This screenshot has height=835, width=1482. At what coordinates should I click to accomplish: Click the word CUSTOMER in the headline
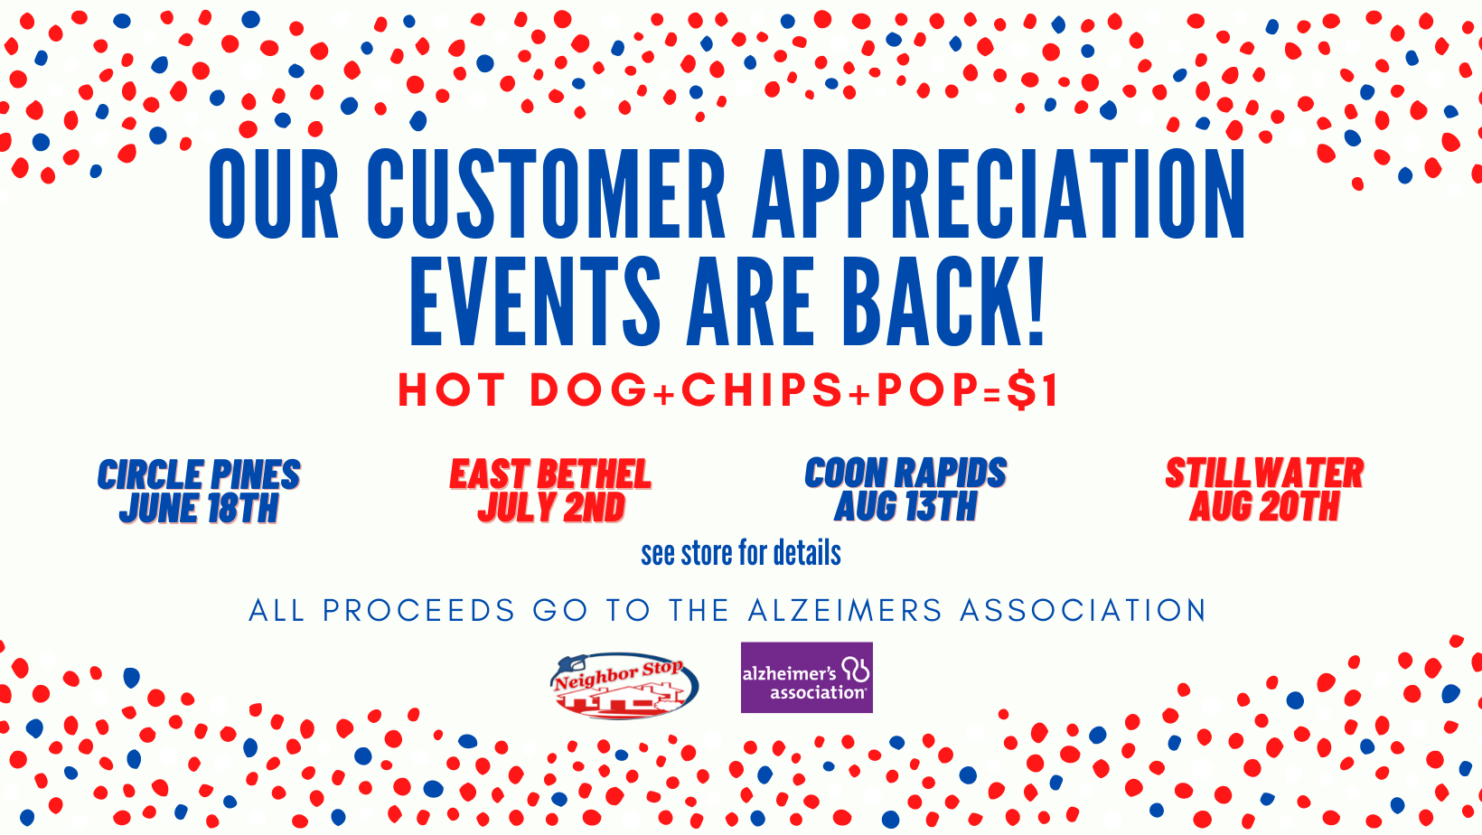pos(545,193)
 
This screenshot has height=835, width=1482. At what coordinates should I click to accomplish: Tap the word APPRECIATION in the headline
pos(999,193)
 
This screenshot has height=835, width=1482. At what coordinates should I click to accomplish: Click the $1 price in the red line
pos(1033,389)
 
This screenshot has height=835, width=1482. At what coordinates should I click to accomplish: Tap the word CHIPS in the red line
pos(762,389)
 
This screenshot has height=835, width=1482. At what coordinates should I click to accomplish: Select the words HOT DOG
pos(522,389)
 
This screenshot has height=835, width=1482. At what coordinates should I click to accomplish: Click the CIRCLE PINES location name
pos(199,475)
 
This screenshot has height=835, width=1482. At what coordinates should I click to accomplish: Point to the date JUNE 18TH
pos(199,508)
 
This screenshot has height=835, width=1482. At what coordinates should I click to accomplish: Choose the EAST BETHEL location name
pos(550,474)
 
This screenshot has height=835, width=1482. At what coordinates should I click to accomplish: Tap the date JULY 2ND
pos(552,507)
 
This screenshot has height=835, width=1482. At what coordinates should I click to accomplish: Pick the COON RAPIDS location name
pos(905,473)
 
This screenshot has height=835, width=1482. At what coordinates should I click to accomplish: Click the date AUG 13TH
pos(905,505)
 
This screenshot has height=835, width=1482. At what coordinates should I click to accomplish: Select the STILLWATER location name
pos(1264,473)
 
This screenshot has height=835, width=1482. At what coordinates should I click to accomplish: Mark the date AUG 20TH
pos(1264,505)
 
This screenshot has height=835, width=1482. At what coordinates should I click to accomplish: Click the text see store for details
pos(741,553)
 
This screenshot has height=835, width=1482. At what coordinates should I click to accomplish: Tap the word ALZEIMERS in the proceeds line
pos(845,610)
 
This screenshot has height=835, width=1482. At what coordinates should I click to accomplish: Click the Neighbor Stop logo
pos(624,686)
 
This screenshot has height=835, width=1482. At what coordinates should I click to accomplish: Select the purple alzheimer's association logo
pos(806,677)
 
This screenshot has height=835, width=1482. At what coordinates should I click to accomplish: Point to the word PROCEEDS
pos(418,610)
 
